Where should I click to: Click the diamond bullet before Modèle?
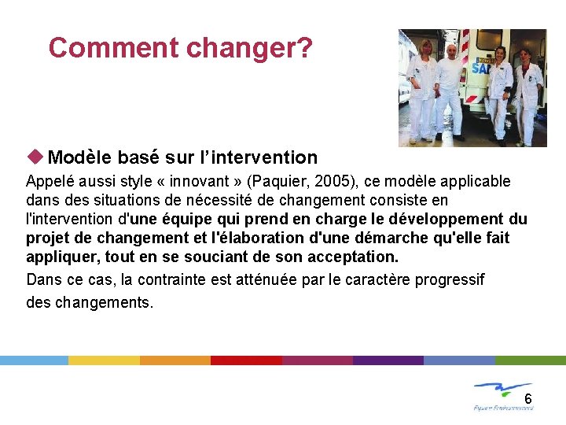click(35, 157)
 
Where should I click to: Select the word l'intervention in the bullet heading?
click(266, 157)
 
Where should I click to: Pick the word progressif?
click(449, 279)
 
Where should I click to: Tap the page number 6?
click(527, 399)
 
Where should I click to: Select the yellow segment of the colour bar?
click(104, 360)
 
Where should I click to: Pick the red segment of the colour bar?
click(246, 360)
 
